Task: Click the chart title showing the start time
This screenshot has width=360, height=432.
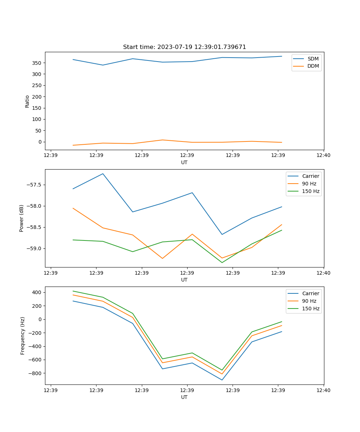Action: pyautogui.click(x=184, y=47)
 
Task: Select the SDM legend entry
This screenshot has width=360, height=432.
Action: pyautogui.click(x=313, y=59)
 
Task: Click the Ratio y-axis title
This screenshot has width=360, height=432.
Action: pyautogui.click(x=27, y=101)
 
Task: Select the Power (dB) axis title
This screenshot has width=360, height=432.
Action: pyautogui.click(x=22, y=218)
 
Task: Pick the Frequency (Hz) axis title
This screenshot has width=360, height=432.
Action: pyautogui.click(x=22, y=336)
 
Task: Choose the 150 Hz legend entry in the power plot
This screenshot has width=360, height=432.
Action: pyautogui.click(x=310, y=192)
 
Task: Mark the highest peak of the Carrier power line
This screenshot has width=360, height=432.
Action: pyautogui.click(x=103, y=174)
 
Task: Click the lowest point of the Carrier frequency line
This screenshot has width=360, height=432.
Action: pyautogui.click(x=222, y=380)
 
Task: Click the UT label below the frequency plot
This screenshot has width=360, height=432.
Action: pyautogui.click(x=184, y=397)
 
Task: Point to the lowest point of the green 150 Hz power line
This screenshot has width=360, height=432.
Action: pyautogui.click(x=222, y=262)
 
